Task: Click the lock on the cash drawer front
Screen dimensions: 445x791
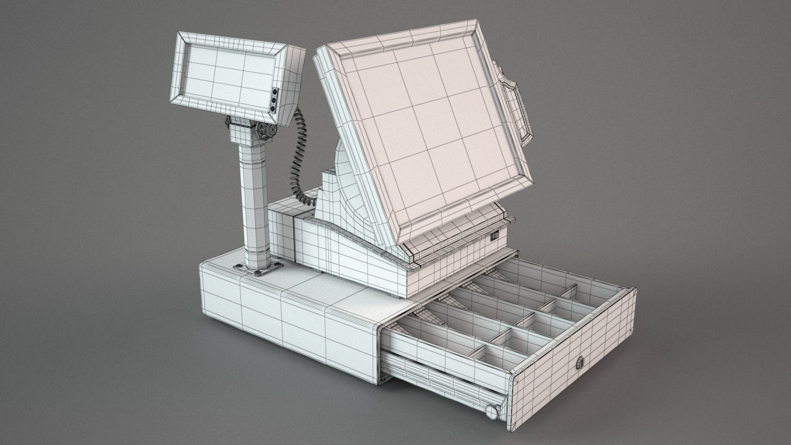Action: pyautogui.click(x=580, y=363)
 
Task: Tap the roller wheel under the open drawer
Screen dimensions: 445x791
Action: pyautogui.click(x=492, y=411)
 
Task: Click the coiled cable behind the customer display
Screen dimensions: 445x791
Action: pyautogui.click(x=299, y=155)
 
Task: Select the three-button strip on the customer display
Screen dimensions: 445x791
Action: pyautogui.click(x=274, y=101)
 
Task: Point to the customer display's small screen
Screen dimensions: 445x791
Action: pyautogui.click(x=229, y=75)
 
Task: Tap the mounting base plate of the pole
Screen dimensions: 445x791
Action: pyautogui.click(x=258, y=268)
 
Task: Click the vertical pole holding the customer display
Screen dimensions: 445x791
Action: pyautogui.click(x=254, y=198)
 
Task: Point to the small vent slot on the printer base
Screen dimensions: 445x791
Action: pyautogui.click(x=494, y=235)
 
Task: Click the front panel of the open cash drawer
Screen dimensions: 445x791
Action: pyautogui.click(x=572, y=358)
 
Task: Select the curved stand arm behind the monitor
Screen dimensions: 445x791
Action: pyautogui.click(x=346, y=185)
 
